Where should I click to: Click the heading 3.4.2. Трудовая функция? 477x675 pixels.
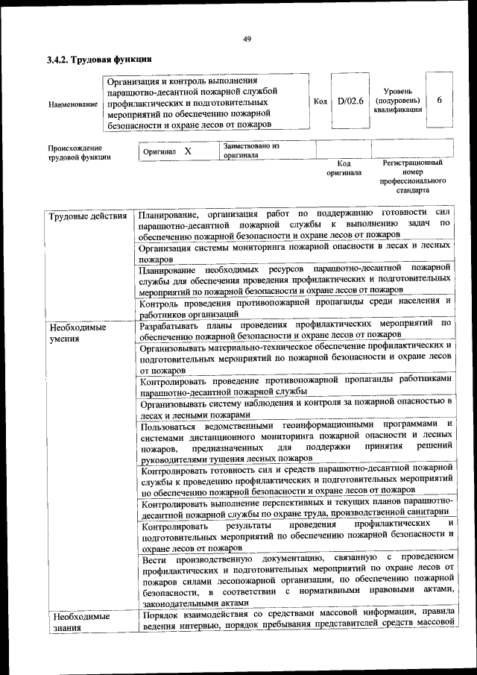tap(100, 60)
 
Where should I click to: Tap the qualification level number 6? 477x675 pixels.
tap(439, 101)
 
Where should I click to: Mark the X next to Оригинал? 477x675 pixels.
tap(188, 151)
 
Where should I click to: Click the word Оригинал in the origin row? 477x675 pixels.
tap(159, 151)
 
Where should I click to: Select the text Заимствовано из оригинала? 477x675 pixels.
tap(250, 151)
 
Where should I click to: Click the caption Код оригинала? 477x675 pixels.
tap(343, 168)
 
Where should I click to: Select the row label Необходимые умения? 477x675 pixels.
tap(78, 333)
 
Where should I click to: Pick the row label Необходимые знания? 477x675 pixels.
tap(78, 622)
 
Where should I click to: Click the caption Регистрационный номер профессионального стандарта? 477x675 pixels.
tap(412, 176)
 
